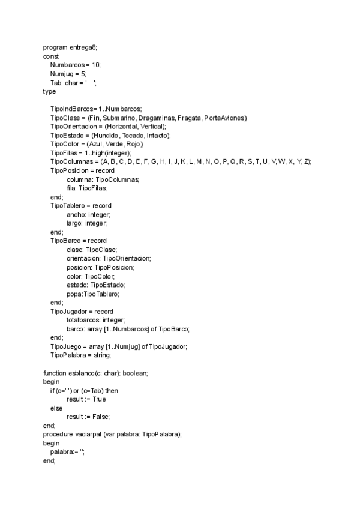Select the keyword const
point(51,55)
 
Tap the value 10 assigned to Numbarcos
point(96,64)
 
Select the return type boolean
point(135,373)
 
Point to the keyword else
point(56,408)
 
